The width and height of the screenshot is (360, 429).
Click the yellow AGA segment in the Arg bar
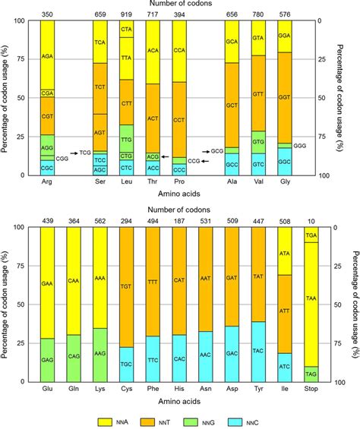(x=46, y=55)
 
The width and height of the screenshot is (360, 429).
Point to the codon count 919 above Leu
(x=127, y=14)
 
